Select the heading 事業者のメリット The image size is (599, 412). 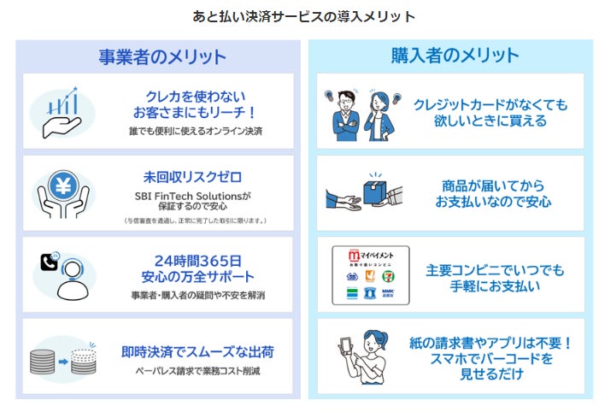coord(161,57)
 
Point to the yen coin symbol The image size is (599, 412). coord(63,183)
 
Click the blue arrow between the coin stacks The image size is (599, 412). coord(63,360)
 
